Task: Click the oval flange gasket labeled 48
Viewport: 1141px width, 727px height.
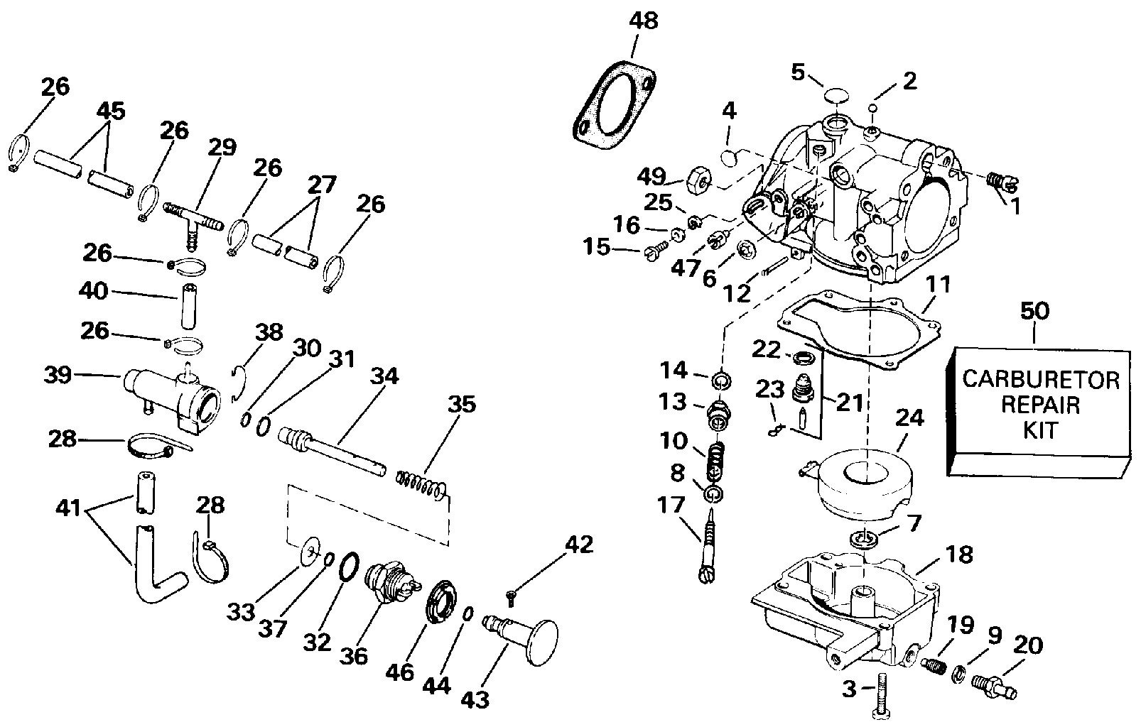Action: [x=615, y=105]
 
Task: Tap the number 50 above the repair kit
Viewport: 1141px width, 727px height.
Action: [x=1034, y=310]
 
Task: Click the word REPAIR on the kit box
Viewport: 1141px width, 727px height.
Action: [x=1041, y=405]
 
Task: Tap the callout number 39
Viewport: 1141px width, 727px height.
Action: [x=57, y=374]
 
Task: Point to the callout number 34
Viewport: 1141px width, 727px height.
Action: [x=384, y=376]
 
